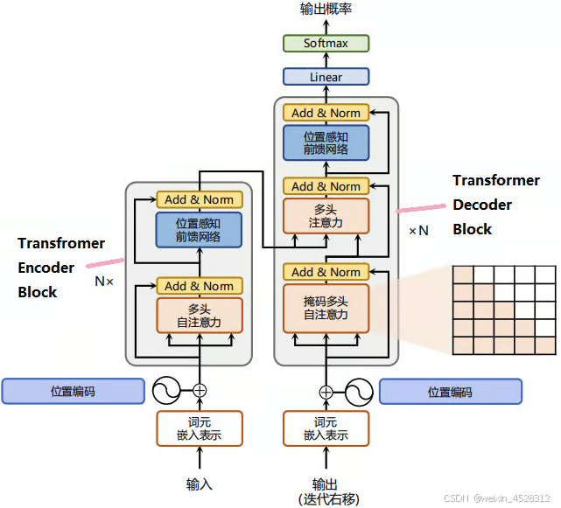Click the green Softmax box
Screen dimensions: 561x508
(326, 43)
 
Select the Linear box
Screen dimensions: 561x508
(326, 76)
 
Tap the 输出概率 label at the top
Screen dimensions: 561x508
(326, 9)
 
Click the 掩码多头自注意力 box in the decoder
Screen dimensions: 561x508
(326, 308)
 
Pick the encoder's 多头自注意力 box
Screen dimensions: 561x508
(200, 316)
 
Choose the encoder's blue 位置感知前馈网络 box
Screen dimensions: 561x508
(199, 230)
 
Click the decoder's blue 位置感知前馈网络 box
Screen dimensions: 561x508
(326, 143)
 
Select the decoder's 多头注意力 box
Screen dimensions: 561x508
(326, 216)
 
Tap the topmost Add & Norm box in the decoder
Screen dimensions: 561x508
(326, 113)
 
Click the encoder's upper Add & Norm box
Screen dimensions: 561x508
(200, 199)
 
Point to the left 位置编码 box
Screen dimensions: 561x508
(73, 391)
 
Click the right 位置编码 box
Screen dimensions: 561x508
(451, 392)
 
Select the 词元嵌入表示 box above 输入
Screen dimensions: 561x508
(200, 428)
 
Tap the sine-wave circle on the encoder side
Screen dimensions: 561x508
(167, 390)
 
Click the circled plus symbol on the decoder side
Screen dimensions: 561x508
(326, 393)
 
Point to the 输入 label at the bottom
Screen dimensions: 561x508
(200, 484)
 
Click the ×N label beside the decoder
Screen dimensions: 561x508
(418, 231)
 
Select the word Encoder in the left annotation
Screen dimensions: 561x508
(46, 268)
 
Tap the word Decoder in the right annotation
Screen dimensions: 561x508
(482, 205)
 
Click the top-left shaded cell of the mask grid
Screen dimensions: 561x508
(463, 275)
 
